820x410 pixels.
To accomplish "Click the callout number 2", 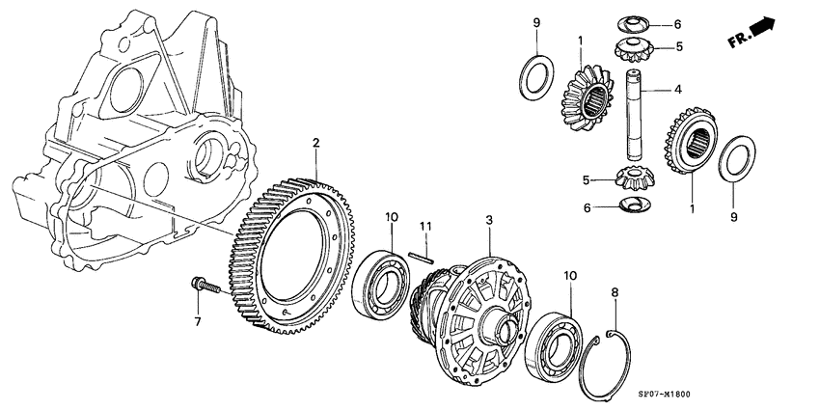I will tap(315, 144).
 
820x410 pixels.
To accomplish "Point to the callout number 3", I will tap(489, 222).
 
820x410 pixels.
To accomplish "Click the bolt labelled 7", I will tap(203, 286).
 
